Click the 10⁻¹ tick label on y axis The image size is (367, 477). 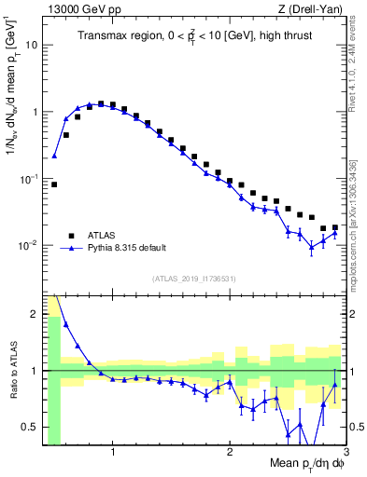[x=30, y=178]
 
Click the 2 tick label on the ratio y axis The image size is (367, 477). [x=35, y=314]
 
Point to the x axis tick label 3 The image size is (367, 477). [x=345, y=455]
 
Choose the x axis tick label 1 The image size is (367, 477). [x=113, y=455]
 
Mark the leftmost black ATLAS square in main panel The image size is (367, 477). [x=54, y=184]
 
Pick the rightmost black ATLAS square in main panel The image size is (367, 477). [x=334, y=227]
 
